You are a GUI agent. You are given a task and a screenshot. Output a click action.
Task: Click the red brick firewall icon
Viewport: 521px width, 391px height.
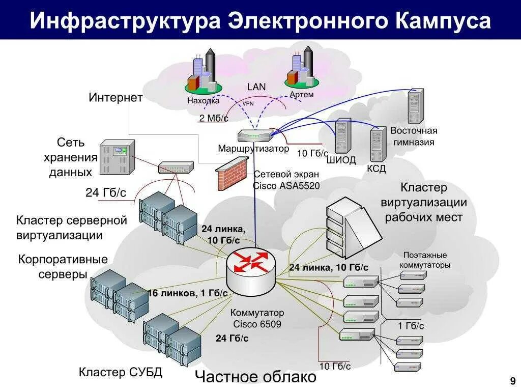232,174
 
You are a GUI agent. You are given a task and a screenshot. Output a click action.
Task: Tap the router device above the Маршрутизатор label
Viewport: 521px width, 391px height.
255,135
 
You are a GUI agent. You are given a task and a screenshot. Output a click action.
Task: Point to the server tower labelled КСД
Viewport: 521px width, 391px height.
378,145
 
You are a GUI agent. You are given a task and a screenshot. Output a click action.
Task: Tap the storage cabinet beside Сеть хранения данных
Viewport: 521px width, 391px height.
117,156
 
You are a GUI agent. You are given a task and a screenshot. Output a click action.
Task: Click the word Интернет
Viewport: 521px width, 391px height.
115,98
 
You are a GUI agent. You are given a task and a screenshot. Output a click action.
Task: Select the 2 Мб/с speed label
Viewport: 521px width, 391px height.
214,118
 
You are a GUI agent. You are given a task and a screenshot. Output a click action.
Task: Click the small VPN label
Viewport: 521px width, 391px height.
248,103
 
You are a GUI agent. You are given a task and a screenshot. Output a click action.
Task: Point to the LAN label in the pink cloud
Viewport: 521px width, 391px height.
256,87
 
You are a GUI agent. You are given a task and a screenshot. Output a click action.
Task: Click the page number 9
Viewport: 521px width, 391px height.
512,380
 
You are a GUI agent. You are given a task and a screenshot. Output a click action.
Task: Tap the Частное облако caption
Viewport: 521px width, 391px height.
256,377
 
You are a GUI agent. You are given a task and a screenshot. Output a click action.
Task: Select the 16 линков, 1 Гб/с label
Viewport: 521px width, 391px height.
187,293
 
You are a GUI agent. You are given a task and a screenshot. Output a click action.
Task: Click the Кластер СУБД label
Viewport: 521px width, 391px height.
120,372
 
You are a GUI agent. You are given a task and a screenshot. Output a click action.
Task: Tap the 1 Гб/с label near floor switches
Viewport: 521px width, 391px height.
411,326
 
